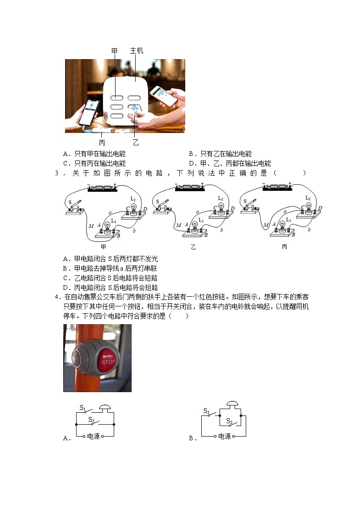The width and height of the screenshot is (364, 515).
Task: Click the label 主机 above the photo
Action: pyautogui.click(x=137, y=50)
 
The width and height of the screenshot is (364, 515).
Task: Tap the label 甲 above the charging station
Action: pyautogui.click(x=115, y=50)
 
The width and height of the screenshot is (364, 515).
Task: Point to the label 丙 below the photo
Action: pyautogui.click(x=102, y=143)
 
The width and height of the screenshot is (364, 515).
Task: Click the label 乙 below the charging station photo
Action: pyautogui.click(x=136, y=143)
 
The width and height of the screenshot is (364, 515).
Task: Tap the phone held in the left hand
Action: pyautogui.click(x=89, y=111)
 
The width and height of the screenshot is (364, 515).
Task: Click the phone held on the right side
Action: pyautogui.click(x=163, y=95)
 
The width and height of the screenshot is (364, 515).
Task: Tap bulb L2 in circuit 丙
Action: pyautogui.click(x=309, y=206)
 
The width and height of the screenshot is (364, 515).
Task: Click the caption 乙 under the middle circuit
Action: pyautogui.click(x=193, y=247)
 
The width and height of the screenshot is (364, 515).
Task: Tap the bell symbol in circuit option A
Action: pyautogui.click(x=105, y=407)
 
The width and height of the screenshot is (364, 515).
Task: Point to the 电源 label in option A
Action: pyautogui.click(x=93, y=437)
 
